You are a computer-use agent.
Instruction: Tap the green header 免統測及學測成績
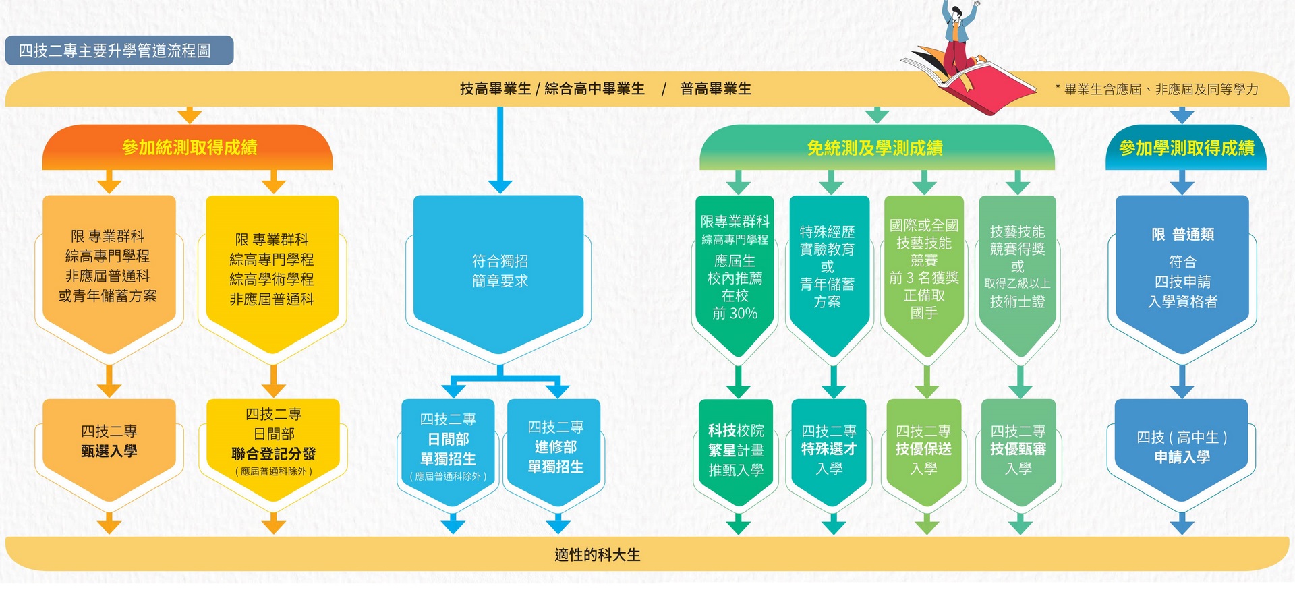pos(876,148)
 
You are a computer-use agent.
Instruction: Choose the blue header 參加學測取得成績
pos(1186,148)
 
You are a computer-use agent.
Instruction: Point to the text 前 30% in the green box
pos(735,314)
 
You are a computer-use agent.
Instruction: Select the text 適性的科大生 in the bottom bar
pos(598,555)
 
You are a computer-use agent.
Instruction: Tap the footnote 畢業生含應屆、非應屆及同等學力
pos(1161,89)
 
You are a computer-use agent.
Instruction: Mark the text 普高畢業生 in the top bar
pos(716,88)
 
